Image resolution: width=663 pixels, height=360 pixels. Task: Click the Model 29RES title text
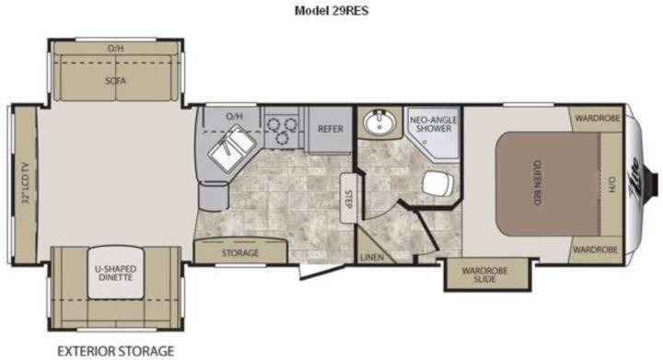(331, 10)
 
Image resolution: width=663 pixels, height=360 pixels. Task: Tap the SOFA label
(115, 80)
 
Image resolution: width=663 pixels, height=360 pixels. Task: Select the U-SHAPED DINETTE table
(116, 273)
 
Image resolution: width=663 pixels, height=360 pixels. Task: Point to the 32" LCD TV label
(26, 183)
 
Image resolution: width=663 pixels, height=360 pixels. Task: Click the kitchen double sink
(232, 149)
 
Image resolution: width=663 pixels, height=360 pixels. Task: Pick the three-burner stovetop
(282, 128)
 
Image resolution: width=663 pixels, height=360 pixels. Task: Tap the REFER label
(331, 129)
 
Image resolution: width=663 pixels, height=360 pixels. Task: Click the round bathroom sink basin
(379, 122)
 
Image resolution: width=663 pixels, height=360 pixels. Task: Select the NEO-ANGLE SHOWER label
(434, 124)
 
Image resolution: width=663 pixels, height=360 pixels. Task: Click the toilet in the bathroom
(437, 184)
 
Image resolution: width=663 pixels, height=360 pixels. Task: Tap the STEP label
(348, 199)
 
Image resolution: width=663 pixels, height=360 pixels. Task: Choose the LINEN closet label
(372, 257)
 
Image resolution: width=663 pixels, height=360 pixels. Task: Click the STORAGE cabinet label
(239, 253)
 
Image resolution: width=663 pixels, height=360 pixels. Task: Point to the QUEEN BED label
(538, 182)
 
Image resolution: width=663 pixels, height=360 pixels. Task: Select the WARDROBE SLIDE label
(484, 274)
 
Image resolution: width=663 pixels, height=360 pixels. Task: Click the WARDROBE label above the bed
(598, 118)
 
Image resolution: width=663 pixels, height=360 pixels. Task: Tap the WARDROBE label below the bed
(595, 250)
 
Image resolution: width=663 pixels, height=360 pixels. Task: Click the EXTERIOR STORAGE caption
(115, 351)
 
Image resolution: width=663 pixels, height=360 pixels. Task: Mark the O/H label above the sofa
(115, 48)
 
